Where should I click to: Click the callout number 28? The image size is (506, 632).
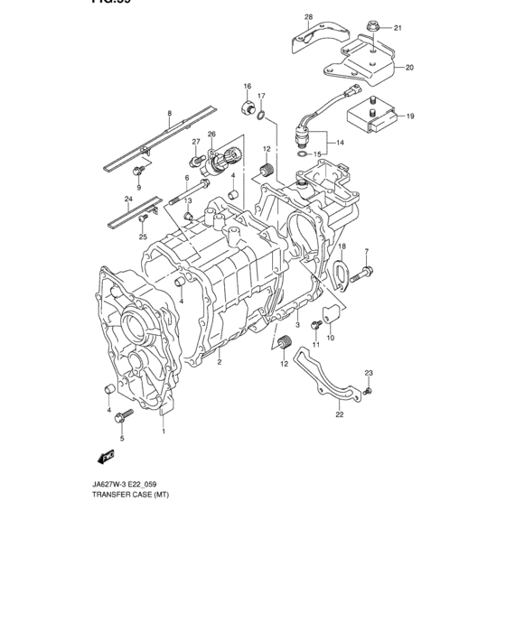[x=307, y=17]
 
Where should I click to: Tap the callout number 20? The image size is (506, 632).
[x=409, y=68]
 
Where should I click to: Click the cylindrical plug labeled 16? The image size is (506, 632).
[x=245, y=109]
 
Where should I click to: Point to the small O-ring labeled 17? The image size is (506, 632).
[x=261, y=115]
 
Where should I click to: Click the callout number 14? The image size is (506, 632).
[x=340, y=143]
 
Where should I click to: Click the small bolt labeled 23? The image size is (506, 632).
[x=370, y=391]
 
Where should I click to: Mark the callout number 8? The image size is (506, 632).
[x=168, y=114]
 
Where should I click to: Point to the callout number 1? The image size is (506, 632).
[x=164, y=431]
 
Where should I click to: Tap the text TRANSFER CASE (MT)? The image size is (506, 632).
[x=130, y=497]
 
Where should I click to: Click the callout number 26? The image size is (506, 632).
[x=211, y=135]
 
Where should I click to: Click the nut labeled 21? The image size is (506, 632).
[x=371, y=28]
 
